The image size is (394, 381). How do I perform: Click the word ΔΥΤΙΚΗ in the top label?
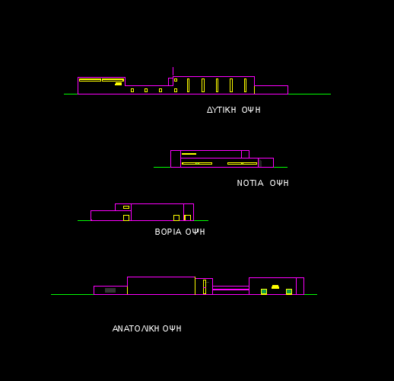click(x=221, y=110)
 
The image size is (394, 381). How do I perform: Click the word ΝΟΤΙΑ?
click(x=250, y=183)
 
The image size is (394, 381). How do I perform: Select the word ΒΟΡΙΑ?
click(x=168, y=232)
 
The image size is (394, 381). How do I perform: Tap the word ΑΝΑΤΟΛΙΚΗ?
click(x=135, y=328)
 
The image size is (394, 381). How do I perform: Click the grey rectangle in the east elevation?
click(x=110, y=290)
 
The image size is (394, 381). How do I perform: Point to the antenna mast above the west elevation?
click(x=173, y=72)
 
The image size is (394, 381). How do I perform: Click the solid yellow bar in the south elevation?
click(x=189, y=154)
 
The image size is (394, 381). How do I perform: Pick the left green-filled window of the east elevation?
click(x=264, y=292)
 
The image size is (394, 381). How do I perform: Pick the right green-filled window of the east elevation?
click(x=289, y=292)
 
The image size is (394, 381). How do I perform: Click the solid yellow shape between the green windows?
click(x=275, y=287)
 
